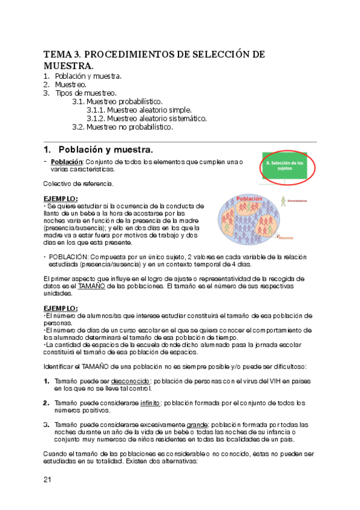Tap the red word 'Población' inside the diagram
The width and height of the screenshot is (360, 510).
(249, 199)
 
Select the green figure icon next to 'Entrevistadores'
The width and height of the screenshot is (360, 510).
(281, 200)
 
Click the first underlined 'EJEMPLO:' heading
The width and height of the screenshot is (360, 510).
(61, 198)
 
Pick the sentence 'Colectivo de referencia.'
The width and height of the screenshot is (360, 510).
(78, 183)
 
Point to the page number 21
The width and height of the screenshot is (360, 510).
(48, 479)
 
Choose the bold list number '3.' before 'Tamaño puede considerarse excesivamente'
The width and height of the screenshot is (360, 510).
(46, 425)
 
